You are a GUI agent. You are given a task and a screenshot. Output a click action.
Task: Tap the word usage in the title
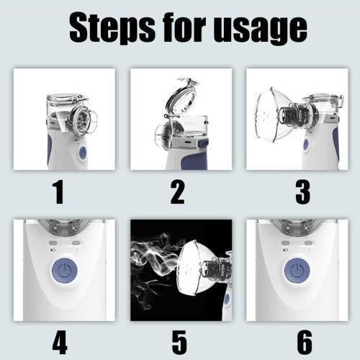(257, 29)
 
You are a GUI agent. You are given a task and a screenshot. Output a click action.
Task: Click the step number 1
(58, 192)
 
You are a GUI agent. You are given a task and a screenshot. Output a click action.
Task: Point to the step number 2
(177, 192)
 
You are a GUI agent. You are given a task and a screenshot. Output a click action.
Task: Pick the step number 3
(302, 192)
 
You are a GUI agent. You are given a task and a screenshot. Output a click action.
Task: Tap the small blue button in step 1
(82, 152)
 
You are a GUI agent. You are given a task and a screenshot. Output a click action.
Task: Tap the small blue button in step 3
(307, 144)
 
